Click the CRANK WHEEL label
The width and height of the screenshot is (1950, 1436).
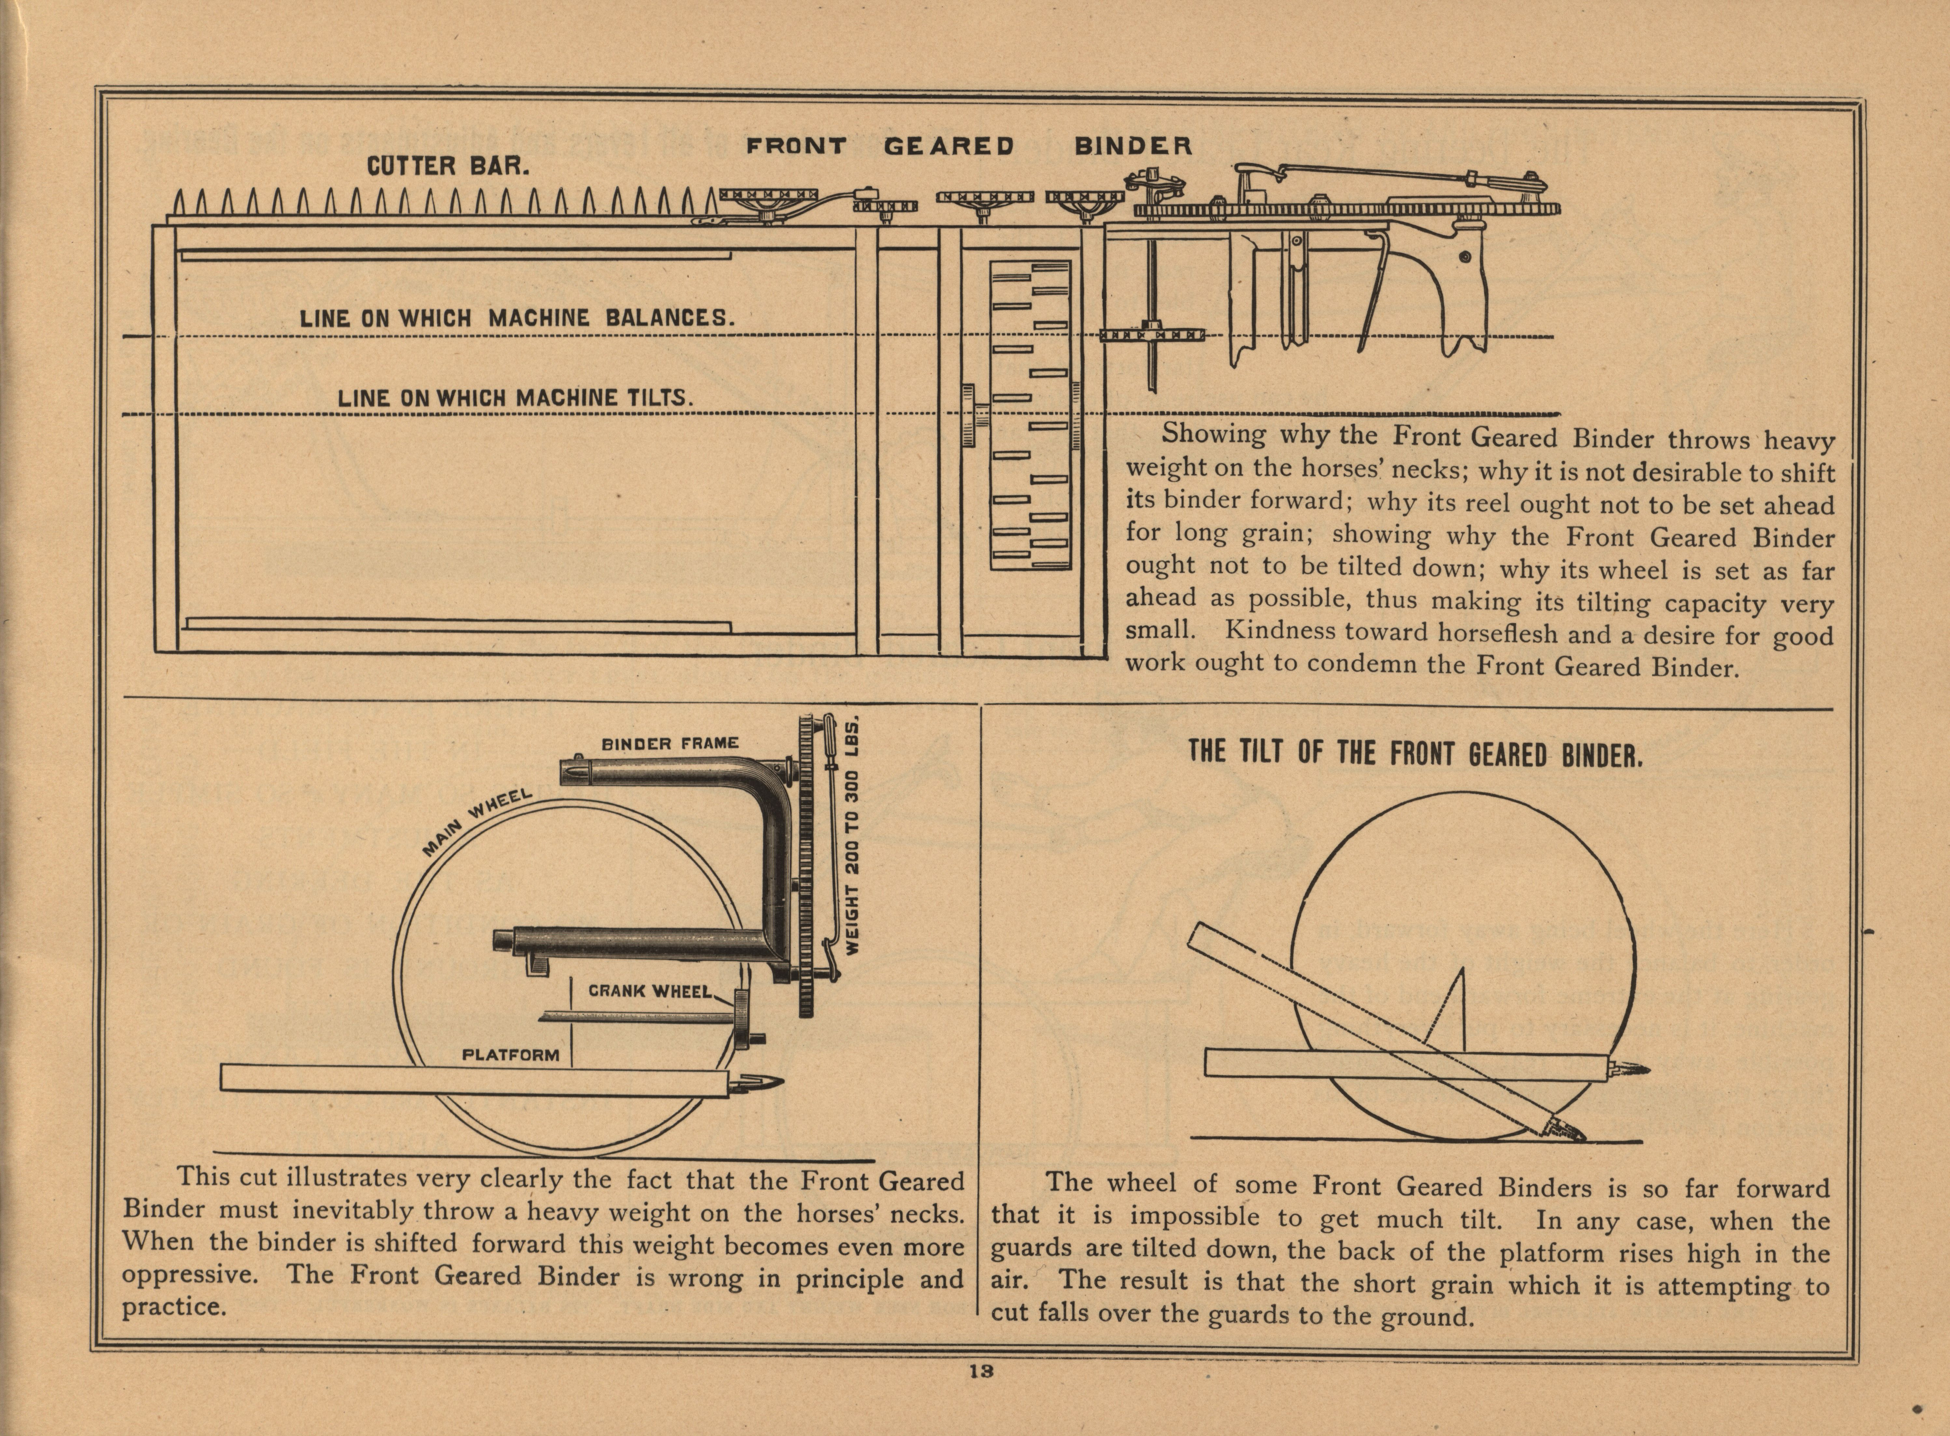[650, 991]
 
